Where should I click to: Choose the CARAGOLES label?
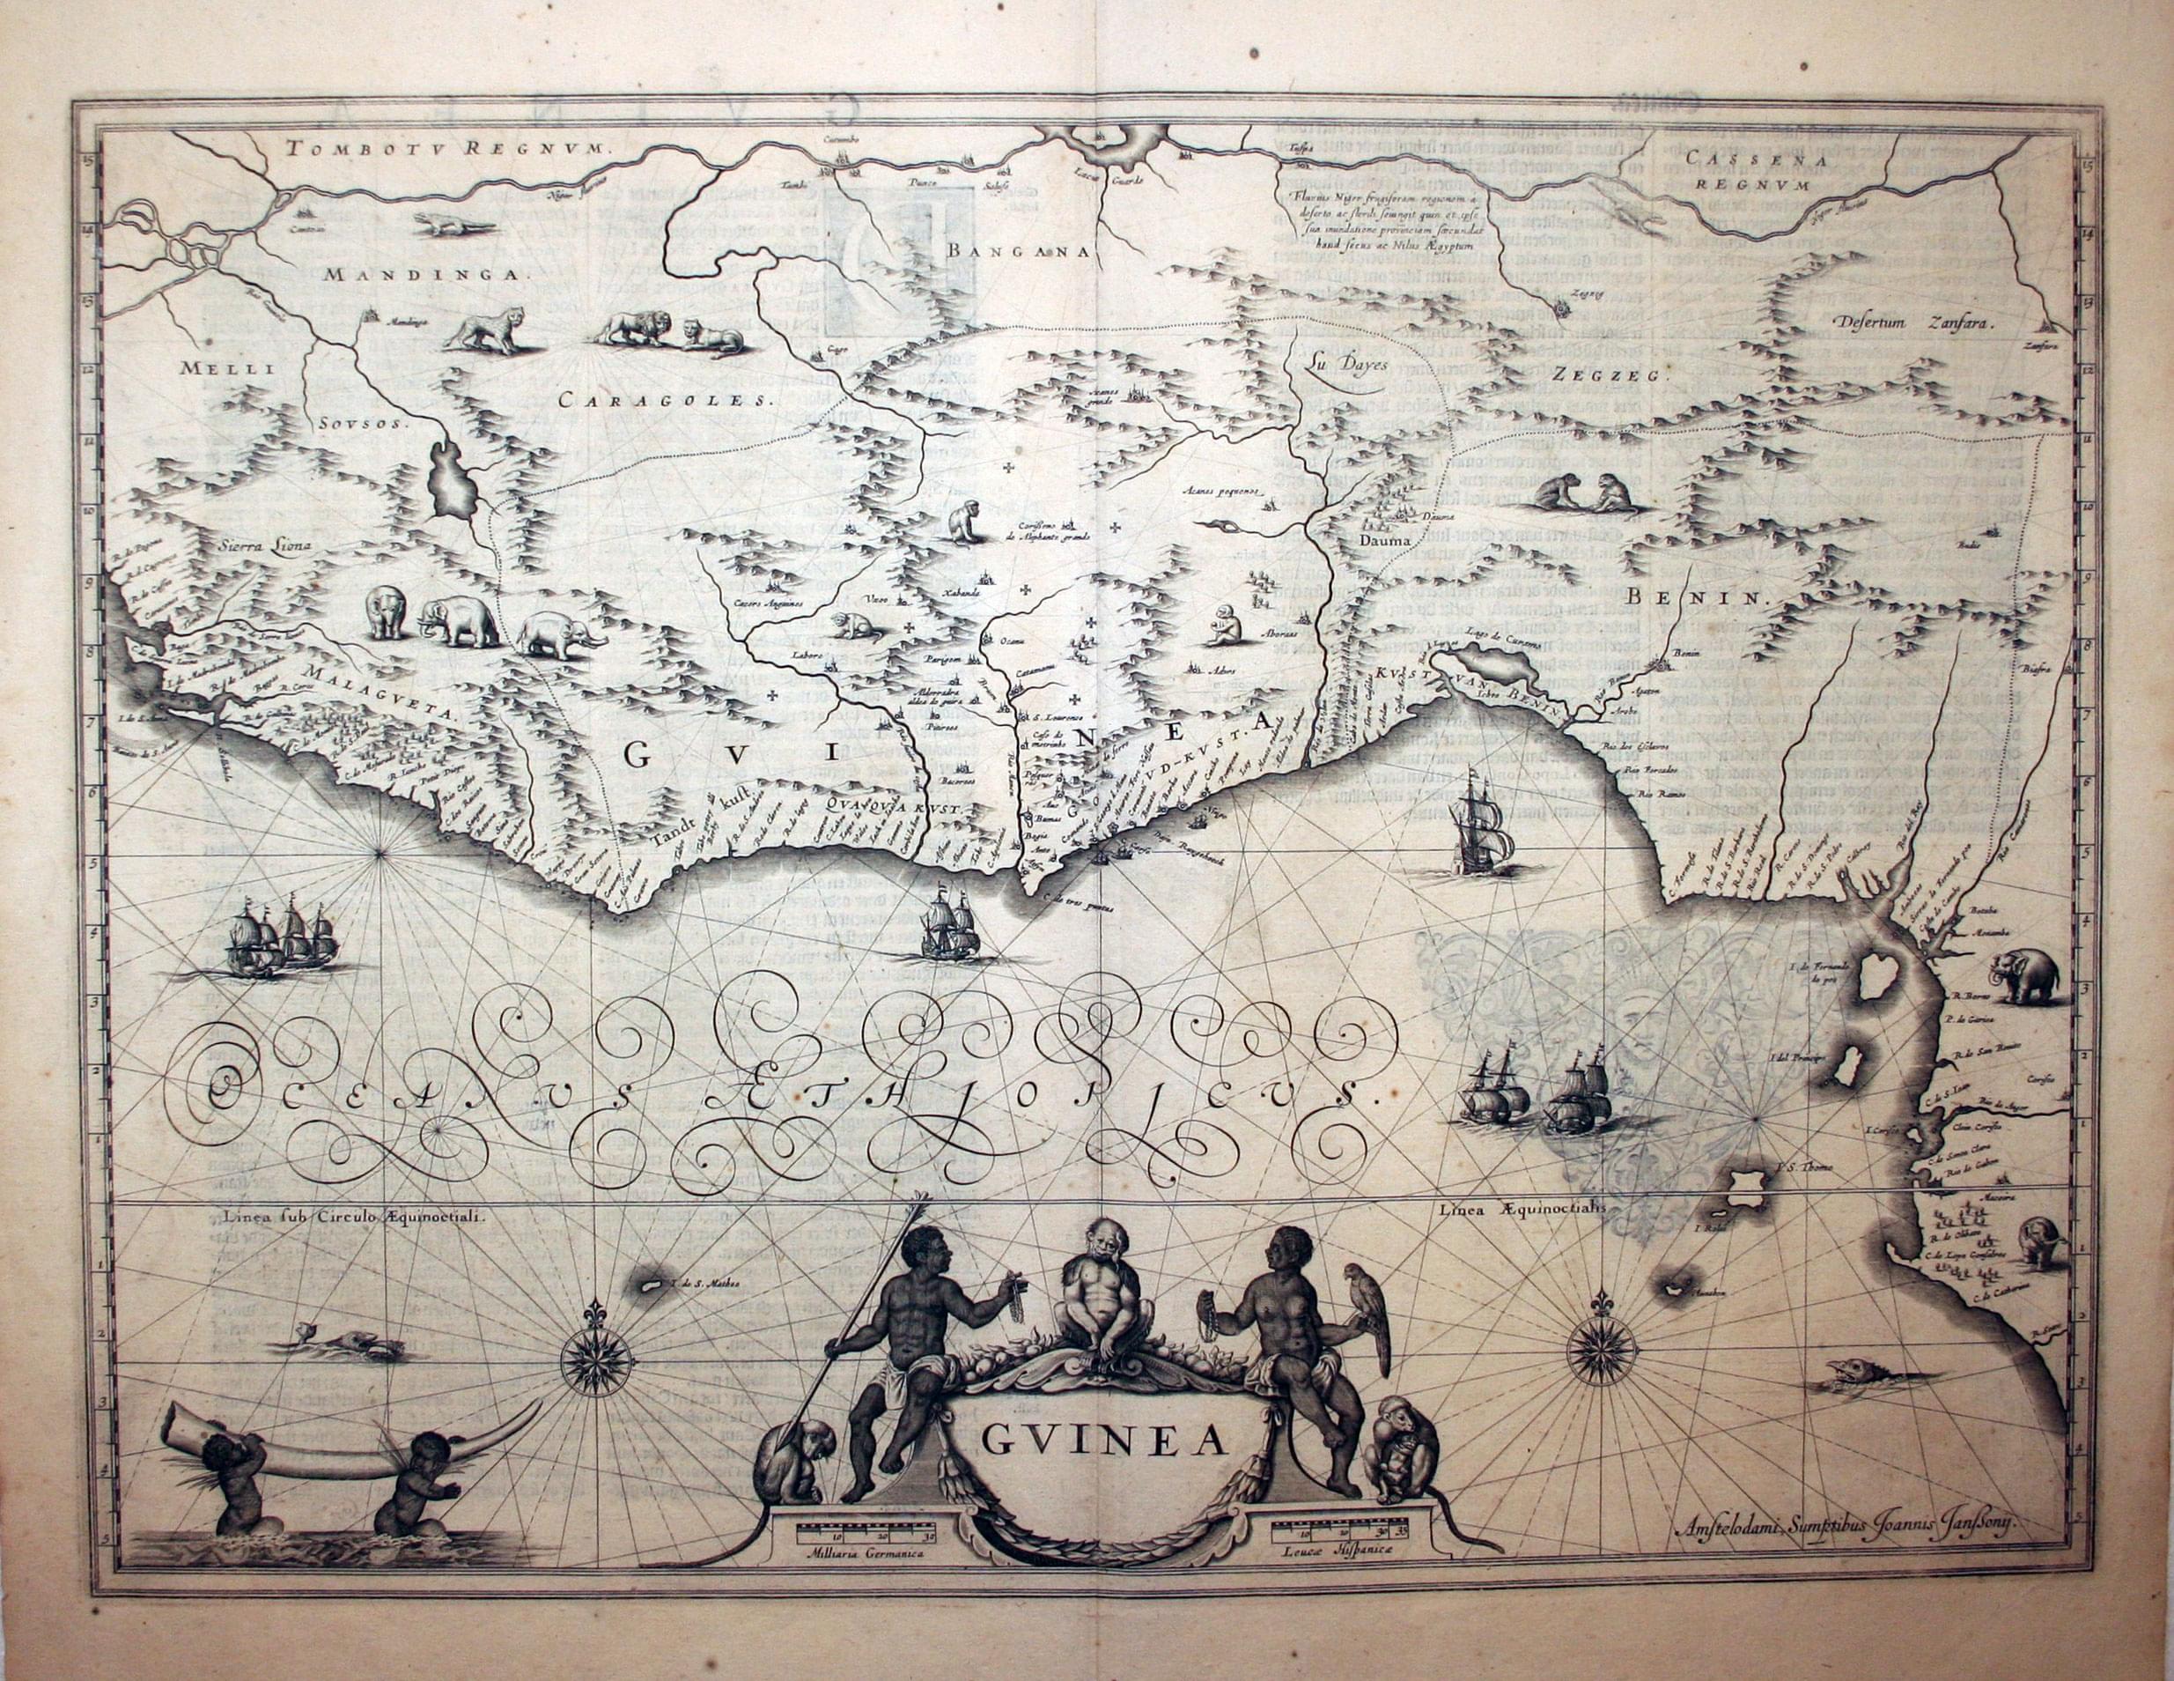click(x=665, y=402)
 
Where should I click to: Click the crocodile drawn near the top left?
click(x=453, y=225)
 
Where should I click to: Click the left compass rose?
click(x=595, y=1359)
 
